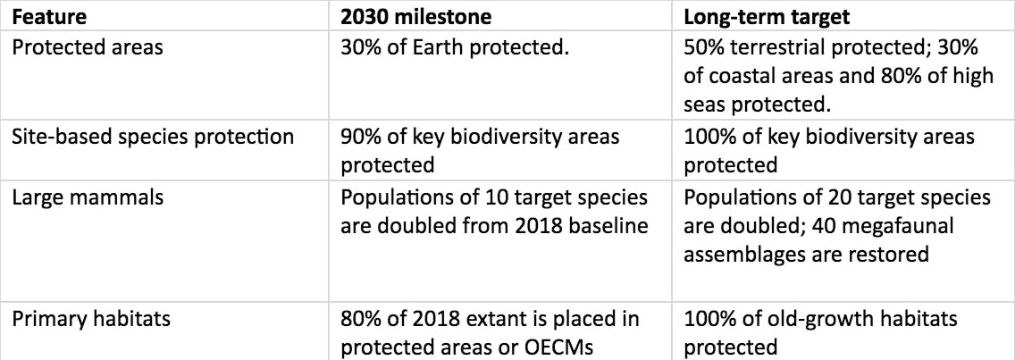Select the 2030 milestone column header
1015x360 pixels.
(x=416, y=17)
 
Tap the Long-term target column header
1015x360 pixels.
(x=768, y=18)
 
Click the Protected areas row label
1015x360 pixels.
(x=88, y=48)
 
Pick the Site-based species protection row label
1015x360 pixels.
(x=154, y=138)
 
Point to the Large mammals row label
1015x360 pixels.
(x=88, y=197)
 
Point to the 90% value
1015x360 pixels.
(x=360, y=138)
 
